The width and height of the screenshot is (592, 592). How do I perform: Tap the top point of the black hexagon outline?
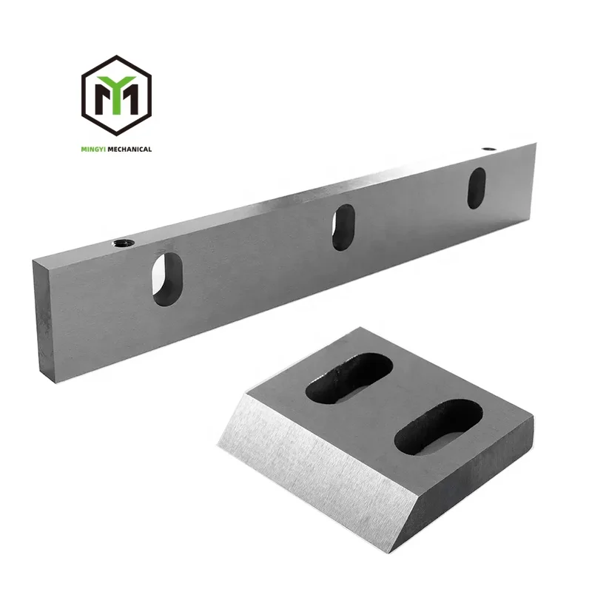coord(116,56)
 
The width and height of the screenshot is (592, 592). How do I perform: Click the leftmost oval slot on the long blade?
coord(168,277)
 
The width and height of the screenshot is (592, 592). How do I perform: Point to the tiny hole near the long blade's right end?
coord(488,149)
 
